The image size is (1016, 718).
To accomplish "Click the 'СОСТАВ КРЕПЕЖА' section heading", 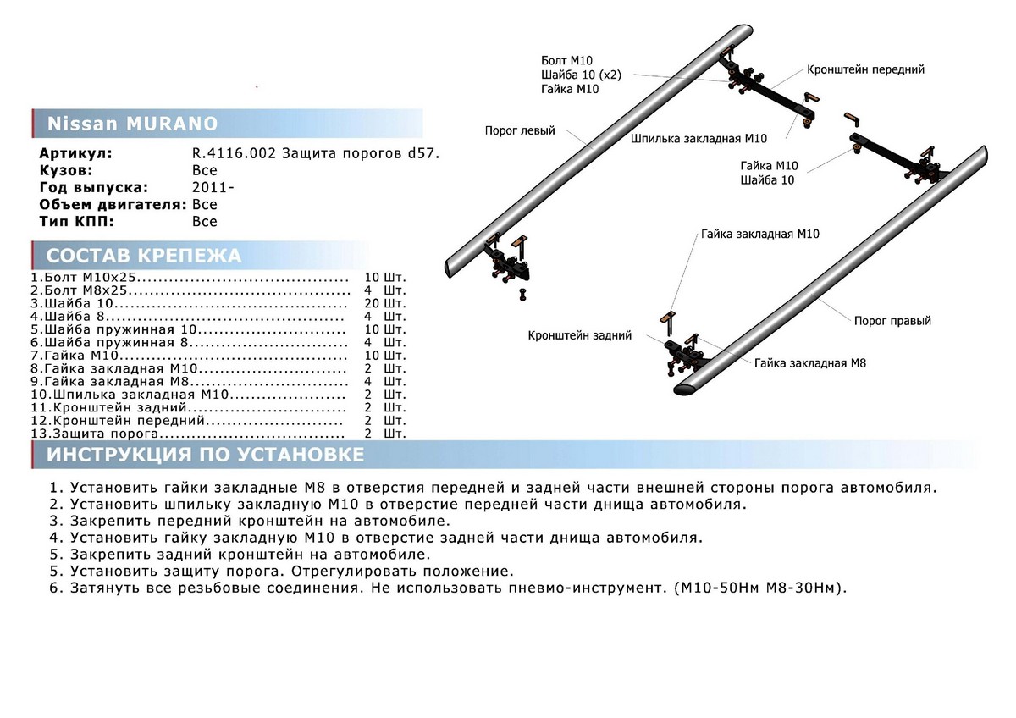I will (x=143, y=256).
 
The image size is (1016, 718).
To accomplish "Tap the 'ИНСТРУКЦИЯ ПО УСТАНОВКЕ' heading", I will (x=206, y=455).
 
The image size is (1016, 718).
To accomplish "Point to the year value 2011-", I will (x=207, y=188).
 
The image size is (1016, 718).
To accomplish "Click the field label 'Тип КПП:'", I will (x=76, y=222).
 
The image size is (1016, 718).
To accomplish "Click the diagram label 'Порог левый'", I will (x=520, y=131).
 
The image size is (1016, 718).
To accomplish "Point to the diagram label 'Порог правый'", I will (x=892, y=321).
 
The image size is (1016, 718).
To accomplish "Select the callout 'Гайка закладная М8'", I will (x=810, y=362).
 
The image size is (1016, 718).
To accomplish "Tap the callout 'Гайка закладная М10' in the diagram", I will (x=759, y=234).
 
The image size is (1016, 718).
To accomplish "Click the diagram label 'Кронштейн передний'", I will (x=865, y=69).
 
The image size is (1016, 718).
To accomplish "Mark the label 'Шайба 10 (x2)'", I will (x=581, y=75).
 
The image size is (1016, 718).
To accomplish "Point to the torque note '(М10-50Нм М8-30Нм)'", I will (x=760, y=588).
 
